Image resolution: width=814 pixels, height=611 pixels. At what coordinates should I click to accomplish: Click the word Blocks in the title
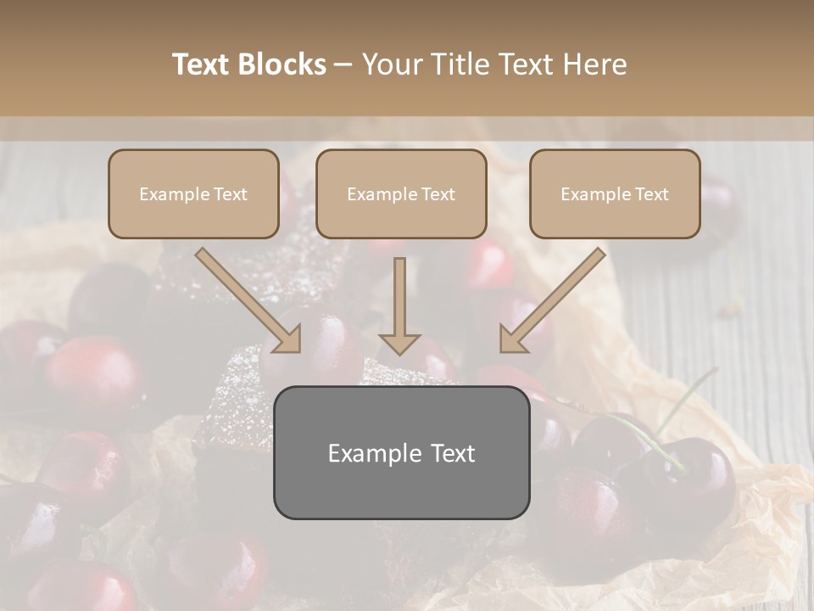tap(283, 64)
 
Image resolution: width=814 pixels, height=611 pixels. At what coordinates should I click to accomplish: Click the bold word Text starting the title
tap(203, 64)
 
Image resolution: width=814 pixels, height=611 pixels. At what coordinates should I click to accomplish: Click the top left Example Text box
tap(193, 194)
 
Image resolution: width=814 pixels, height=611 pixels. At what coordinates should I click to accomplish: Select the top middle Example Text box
tap(401, 194)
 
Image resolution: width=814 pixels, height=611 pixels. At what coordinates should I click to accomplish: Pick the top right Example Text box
tap(615, 194)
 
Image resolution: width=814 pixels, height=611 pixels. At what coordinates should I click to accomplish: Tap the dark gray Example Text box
tap(401, 452)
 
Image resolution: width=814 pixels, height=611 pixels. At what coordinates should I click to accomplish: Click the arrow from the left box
tap(246, 297)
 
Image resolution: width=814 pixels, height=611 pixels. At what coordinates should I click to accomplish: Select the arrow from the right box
tap(555, 297)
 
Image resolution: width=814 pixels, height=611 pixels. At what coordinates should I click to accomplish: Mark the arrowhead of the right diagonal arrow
tap(512, 339)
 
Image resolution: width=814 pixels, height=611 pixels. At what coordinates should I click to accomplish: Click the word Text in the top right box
tap(652, 194)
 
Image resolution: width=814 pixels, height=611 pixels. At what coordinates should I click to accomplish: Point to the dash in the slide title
tap(343, 65)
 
